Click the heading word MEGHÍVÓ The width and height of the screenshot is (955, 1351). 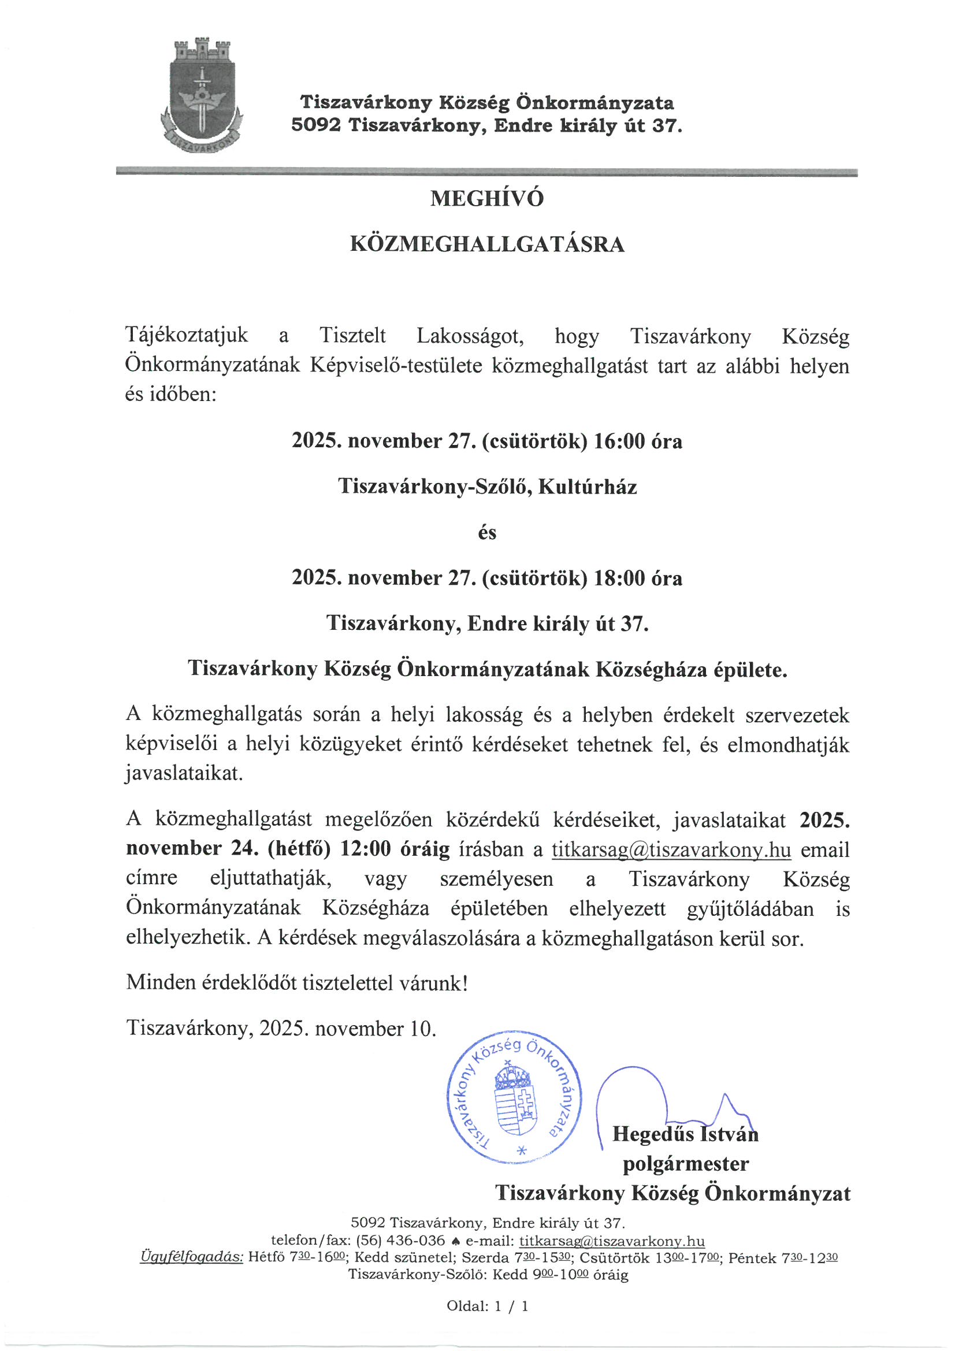click(x=486, y=199)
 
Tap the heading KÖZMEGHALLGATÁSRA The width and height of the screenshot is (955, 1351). click(x=486, y=244)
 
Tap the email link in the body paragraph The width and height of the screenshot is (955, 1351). click(x=671, y=849)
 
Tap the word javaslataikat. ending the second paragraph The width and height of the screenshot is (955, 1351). click(x=184, y=773)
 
